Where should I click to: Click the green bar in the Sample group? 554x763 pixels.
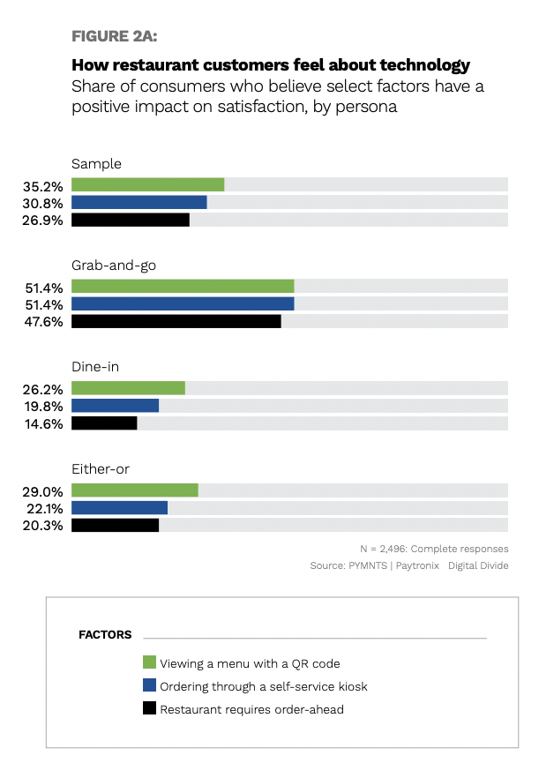point(147,184)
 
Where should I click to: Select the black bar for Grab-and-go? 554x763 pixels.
point(176,321)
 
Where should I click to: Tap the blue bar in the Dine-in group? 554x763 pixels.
point(115,406)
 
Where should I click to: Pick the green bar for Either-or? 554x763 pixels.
point(134,490)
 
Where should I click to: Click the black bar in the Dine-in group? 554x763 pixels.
point(104,423)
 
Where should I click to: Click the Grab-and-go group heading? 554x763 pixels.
point(114,265)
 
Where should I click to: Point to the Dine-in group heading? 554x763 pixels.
point(95,367)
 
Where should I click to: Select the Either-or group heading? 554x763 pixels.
point(100,469)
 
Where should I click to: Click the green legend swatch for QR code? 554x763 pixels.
point(149,662)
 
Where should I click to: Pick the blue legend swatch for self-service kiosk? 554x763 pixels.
point(149,685)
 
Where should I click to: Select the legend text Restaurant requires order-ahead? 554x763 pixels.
point(251,708)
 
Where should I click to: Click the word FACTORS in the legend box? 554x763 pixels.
point(105,634)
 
